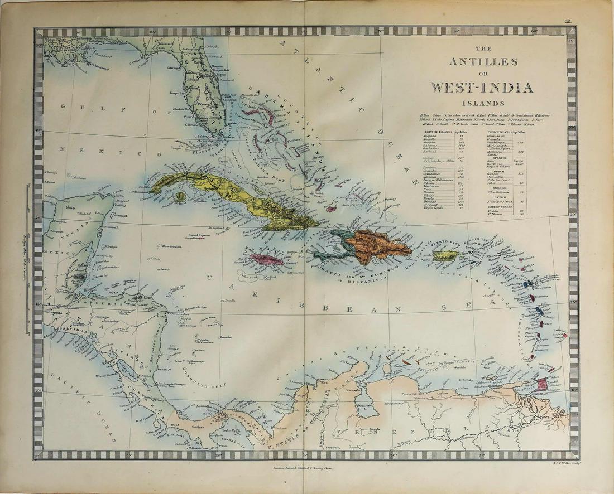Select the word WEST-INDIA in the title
[x=481, y=88]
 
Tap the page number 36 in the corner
[x=568, y=22]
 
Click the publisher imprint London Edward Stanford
[x=301, y=469]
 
